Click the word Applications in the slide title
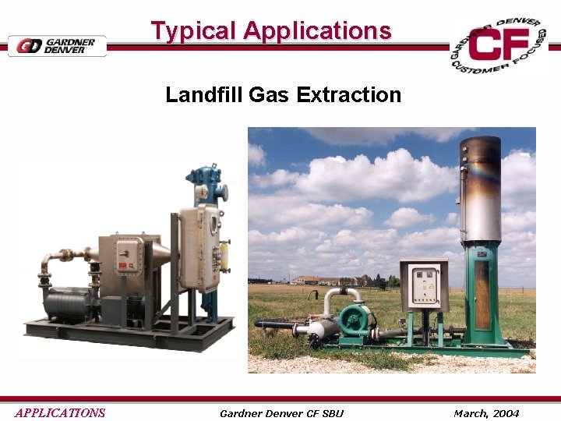pos(316,31)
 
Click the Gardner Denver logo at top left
pos(57,45)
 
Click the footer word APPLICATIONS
pos(59,412)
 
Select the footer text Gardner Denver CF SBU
pos(281,412)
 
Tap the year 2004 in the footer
pos(506,412)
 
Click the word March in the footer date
pos(471,412)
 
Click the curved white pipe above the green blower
pos(343,295)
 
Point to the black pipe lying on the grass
pos(277,324)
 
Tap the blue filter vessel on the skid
pos(209,186)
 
